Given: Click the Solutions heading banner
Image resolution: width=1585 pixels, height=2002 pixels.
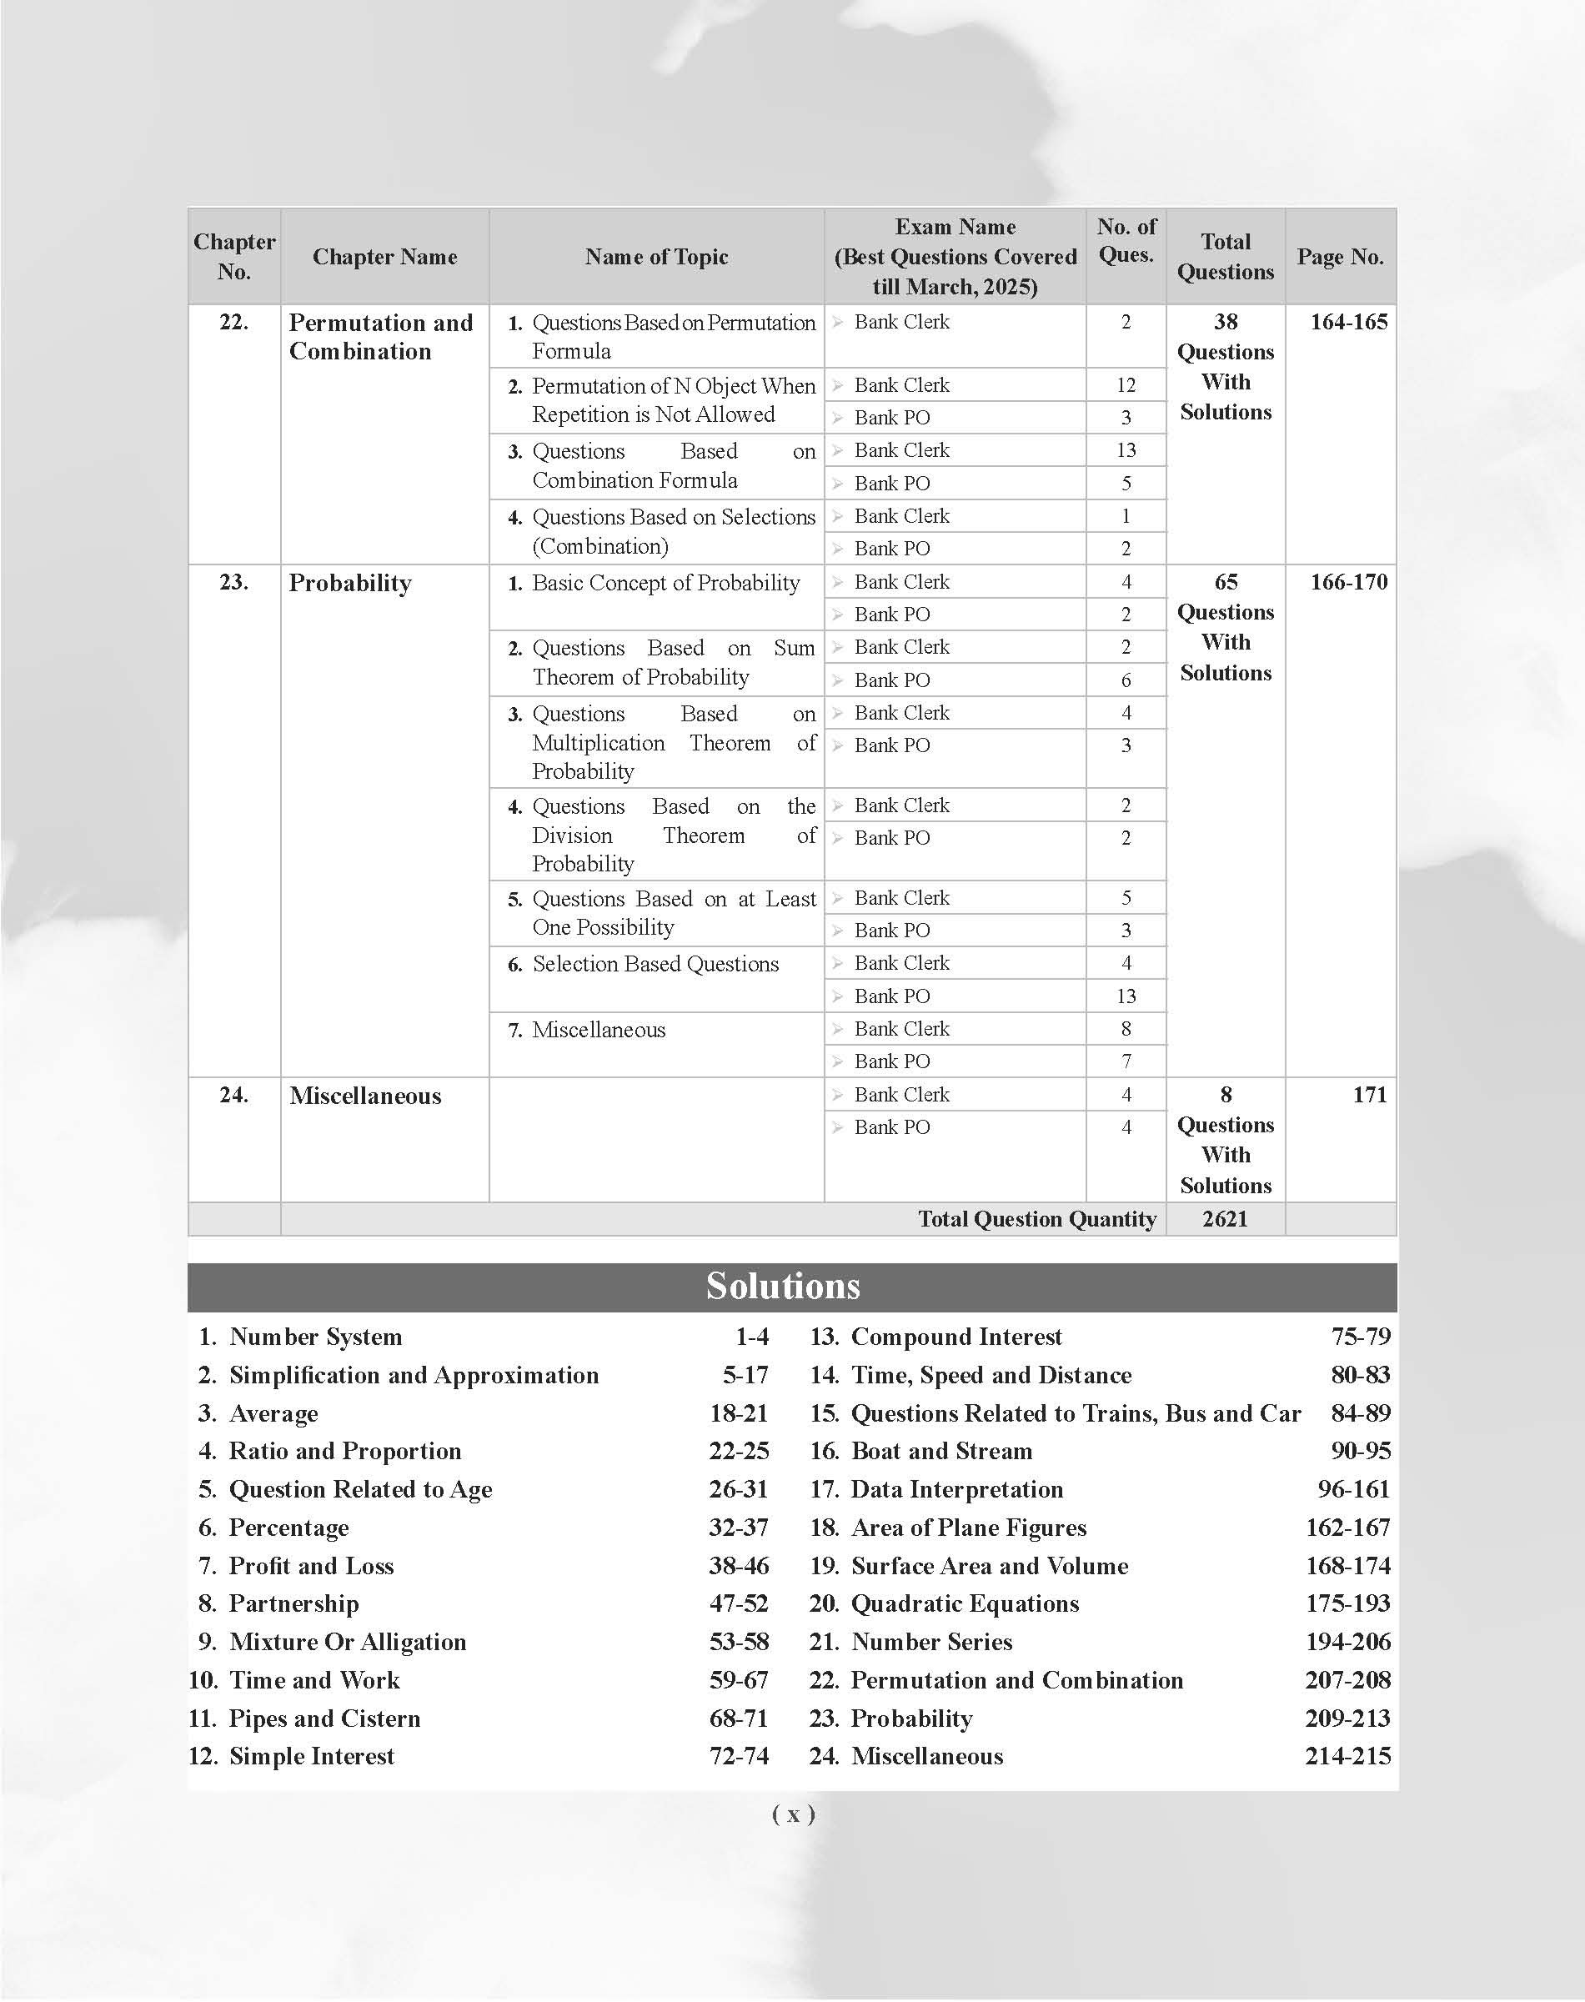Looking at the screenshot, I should [x=782, y=1287].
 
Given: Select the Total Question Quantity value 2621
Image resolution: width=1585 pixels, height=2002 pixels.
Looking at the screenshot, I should [x=1225, y=1219].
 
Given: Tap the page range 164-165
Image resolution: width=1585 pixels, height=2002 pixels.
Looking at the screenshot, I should [x=1348, y=322].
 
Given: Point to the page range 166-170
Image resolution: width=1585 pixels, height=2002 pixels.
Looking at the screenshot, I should [x=1348, y=582].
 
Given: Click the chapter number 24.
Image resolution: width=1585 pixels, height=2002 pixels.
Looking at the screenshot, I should [x=233, y=1095].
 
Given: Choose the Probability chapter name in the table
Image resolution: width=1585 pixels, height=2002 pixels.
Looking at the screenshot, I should [x=350, y=583].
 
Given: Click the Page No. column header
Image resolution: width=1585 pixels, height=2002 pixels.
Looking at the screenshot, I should [x=1340, y=257].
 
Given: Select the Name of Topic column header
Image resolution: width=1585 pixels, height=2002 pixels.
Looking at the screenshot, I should [x=656, y=257].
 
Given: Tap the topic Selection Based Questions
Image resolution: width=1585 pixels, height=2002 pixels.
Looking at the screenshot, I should [x=655, y=965].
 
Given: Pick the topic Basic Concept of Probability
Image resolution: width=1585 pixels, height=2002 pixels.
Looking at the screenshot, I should [x=665, y=583].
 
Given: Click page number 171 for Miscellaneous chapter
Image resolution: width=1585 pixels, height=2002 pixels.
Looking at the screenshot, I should [x=1370, y=1095].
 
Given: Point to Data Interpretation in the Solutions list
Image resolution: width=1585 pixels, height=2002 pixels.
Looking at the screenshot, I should [x=957, y=1490].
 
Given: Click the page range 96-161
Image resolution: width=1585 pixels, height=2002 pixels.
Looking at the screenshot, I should [x=1354, y=1490].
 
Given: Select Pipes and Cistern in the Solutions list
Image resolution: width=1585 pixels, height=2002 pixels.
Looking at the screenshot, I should [x=325, y=1719].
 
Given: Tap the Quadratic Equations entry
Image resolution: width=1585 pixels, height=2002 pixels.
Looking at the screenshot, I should [x=966, y=1603].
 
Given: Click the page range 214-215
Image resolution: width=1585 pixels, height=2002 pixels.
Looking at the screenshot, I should [x=1347, y=1757].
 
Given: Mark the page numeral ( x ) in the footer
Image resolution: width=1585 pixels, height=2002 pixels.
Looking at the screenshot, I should [x=794, y=1814].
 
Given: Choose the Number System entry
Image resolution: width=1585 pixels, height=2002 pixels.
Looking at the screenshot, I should [x=315, y=1337].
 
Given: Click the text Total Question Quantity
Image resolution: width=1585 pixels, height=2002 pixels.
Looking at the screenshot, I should [x=1036, y=1219].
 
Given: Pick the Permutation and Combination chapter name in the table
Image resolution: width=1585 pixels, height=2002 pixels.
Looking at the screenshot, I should [x=380, y=337].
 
